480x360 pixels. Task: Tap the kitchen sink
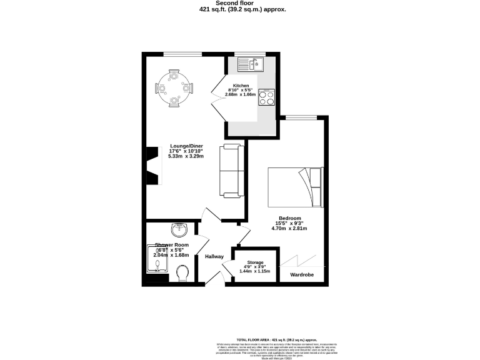251,62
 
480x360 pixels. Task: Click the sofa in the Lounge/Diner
231,171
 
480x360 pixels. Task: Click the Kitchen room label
241,86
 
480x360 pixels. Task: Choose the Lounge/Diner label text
186,146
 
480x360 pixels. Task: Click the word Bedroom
290,218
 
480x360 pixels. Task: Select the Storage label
254,262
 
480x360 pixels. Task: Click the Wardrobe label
302,274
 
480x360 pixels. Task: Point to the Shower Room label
172,245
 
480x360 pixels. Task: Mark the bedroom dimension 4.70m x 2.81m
290,229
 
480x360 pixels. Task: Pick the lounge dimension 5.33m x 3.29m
186,156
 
